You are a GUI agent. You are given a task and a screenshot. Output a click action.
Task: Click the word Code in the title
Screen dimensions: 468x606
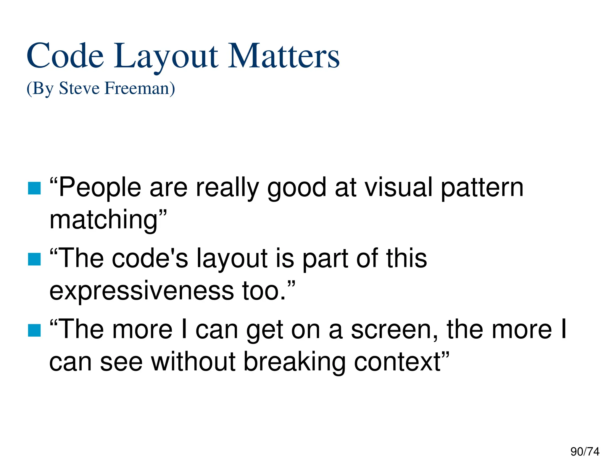point(65,56)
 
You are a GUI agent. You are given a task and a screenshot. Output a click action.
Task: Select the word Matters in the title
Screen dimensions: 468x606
point(283,56)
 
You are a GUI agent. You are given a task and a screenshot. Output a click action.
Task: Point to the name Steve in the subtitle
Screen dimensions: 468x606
point(79,88)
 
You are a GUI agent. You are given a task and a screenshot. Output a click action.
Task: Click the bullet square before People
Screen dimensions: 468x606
point(34,188)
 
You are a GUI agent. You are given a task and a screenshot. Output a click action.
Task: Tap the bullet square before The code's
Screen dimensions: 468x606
point(34,259)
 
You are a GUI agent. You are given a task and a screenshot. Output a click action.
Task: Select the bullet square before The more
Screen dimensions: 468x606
point(34,330)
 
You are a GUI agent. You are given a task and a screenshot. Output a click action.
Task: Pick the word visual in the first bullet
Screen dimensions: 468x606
point(398,187)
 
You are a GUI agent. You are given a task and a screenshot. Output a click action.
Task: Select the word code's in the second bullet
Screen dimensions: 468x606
point(150,259)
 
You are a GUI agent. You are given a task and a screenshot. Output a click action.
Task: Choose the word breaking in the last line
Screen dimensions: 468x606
point(294,362)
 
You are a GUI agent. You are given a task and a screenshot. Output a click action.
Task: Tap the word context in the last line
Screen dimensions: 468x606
point(398,362)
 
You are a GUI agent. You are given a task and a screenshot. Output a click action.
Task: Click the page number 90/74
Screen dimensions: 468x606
point(585,452)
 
